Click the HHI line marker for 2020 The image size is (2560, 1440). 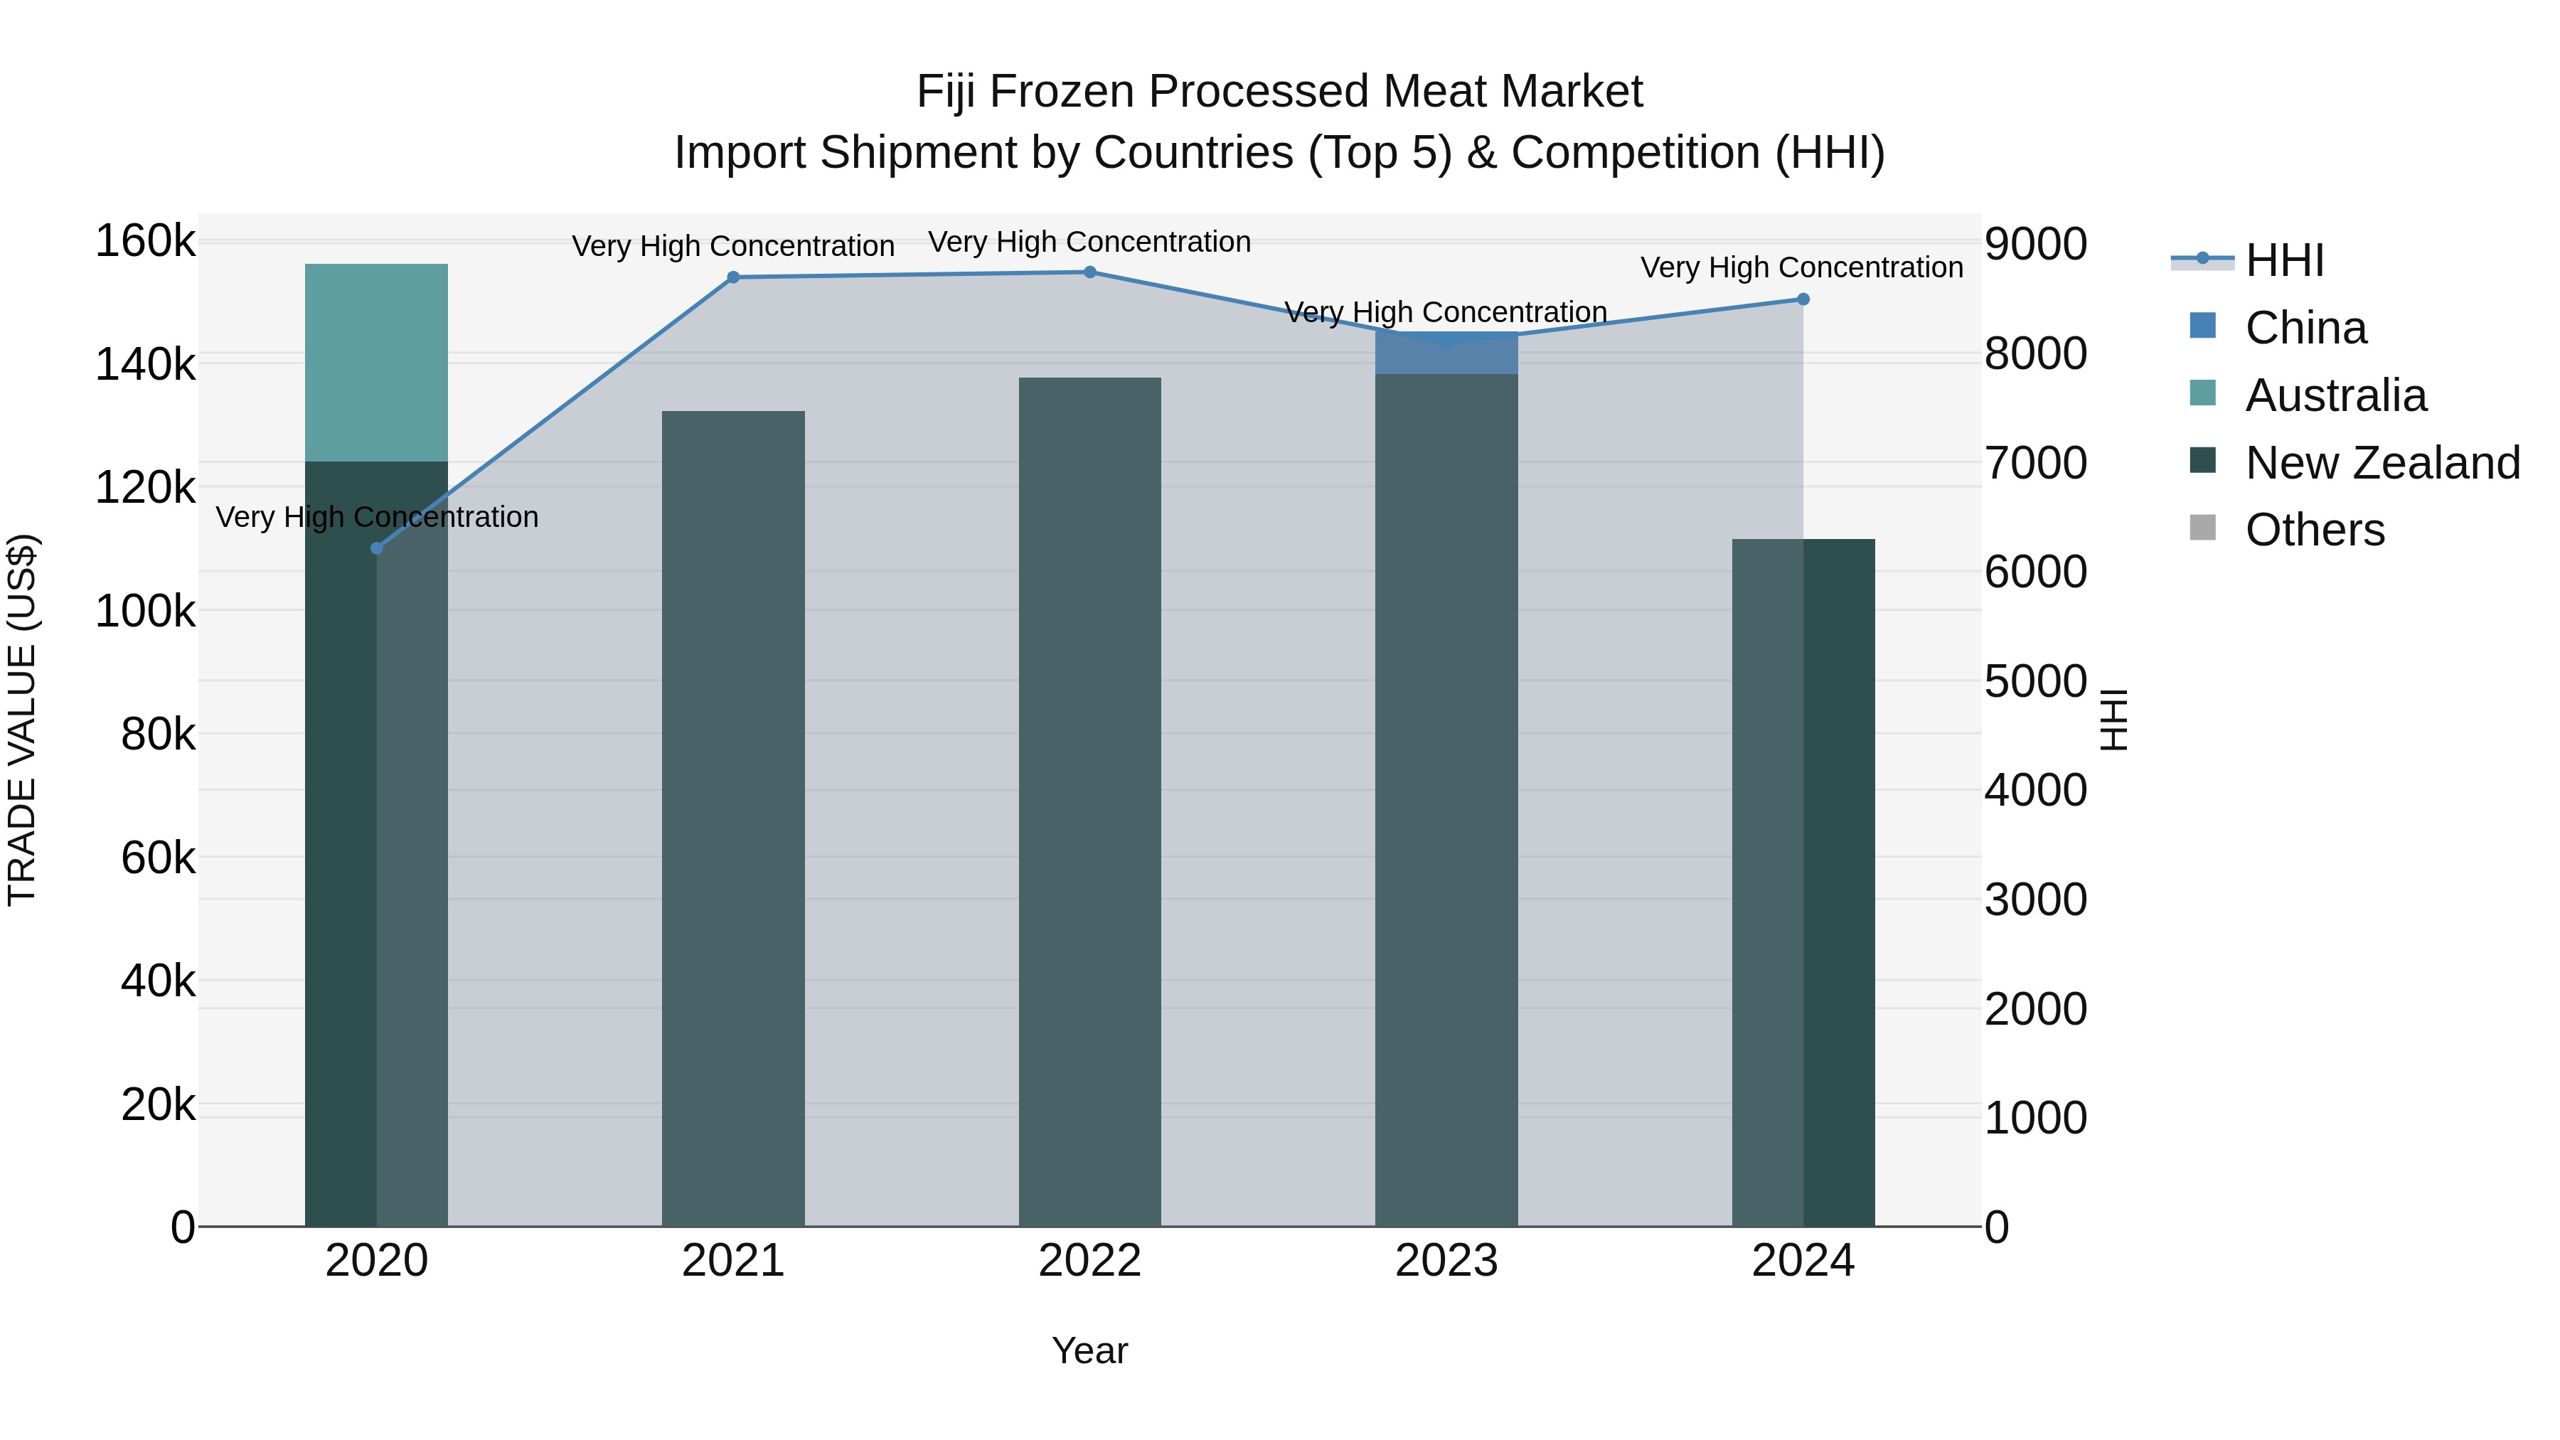(x=377, y=548)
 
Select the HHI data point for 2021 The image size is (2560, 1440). (x=733, y=277)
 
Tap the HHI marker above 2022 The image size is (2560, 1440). (x=1089, y=272)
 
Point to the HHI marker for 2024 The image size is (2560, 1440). (x=1803, y=299)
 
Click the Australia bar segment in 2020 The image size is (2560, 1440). (x=377, y=363)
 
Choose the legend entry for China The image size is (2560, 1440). (x=2305, y=328)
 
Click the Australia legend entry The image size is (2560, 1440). (x=2335, y=395)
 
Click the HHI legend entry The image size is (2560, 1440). (x=2283, y=260)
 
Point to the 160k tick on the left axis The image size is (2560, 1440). (x=145, y=242)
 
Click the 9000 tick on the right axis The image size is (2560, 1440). (x=2035, y=245)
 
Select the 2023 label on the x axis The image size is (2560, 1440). (x=1446, y=1261)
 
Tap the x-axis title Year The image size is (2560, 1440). (x=1089, y=1350)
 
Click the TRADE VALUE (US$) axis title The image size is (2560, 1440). (x=22, y=720)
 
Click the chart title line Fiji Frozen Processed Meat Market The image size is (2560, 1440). (x=1279, y=92)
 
